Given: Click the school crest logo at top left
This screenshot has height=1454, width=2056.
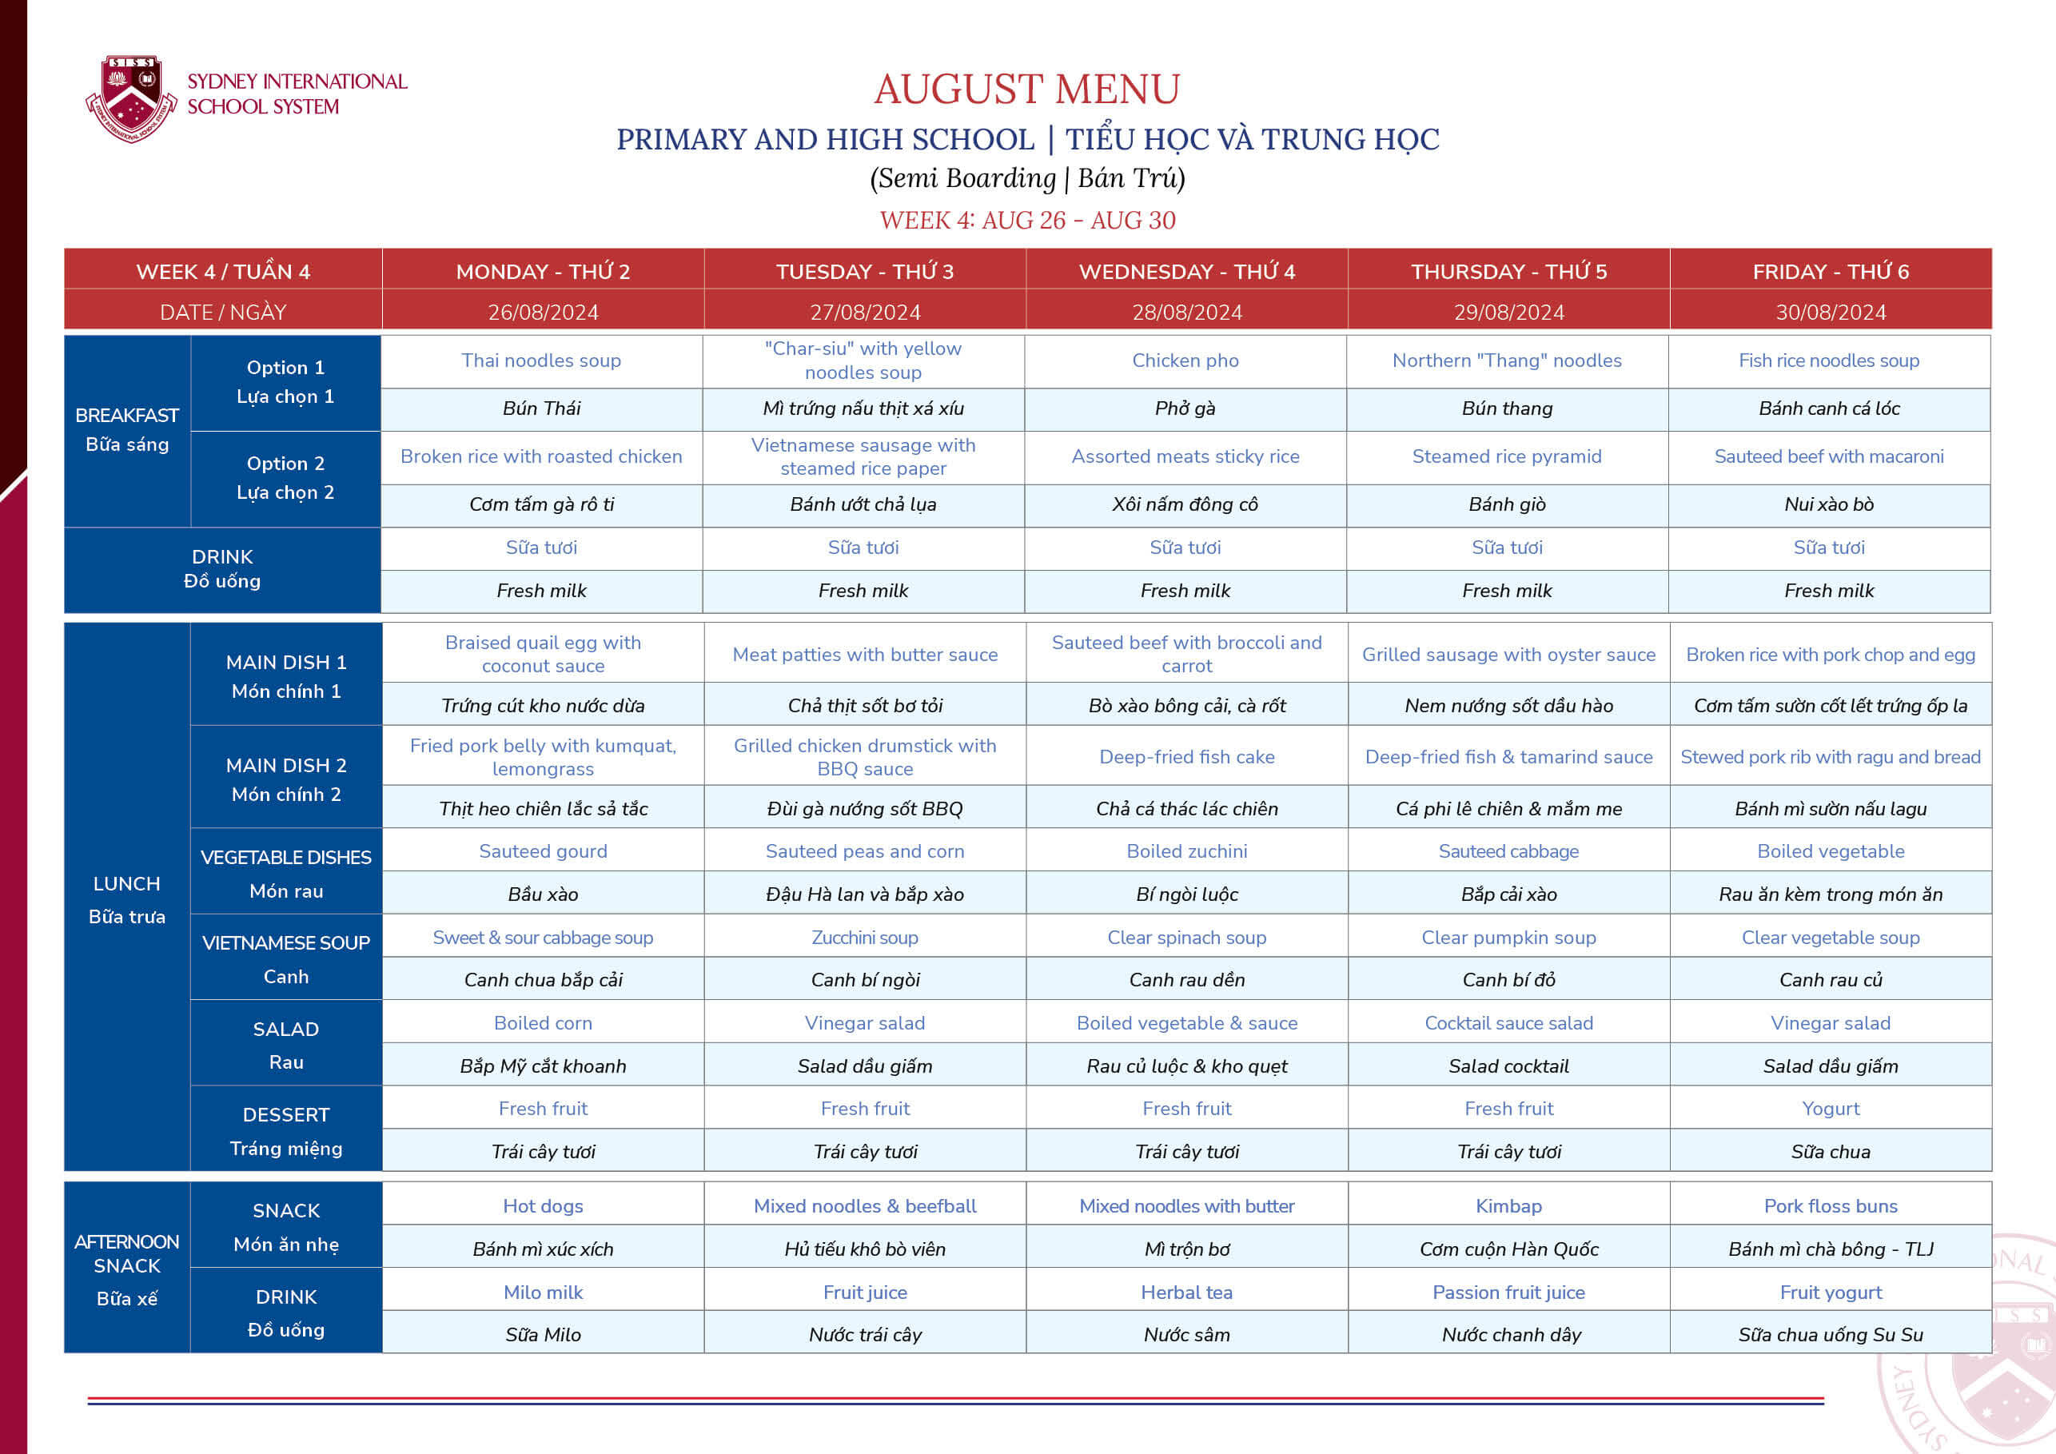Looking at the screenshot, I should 132,98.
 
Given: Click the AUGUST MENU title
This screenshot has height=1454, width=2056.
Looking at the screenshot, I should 1027,89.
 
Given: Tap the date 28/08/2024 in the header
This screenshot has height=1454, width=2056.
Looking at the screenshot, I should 1186,313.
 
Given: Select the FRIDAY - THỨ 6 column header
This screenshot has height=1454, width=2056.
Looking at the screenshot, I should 1831,271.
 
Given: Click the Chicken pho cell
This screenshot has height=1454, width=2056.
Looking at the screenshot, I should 1185,361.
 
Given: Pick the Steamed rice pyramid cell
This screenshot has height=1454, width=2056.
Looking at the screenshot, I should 1506,456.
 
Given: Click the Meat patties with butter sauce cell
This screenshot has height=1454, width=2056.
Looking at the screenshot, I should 864,655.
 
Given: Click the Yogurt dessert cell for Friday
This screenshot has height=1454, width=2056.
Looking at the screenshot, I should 1831,1109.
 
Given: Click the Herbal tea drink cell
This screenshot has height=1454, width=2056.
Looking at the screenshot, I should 1186,1292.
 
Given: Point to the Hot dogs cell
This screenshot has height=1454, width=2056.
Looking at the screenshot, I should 543,1206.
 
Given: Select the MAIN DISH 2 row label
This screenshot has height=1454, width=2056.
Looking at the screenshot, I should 285,778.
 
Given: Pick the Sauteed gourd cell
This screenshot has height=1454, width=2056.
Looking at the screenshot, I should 543,851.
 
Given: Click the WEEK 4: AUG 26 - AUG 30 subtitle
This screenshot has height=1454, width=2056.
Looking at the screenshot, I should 1027,221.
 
